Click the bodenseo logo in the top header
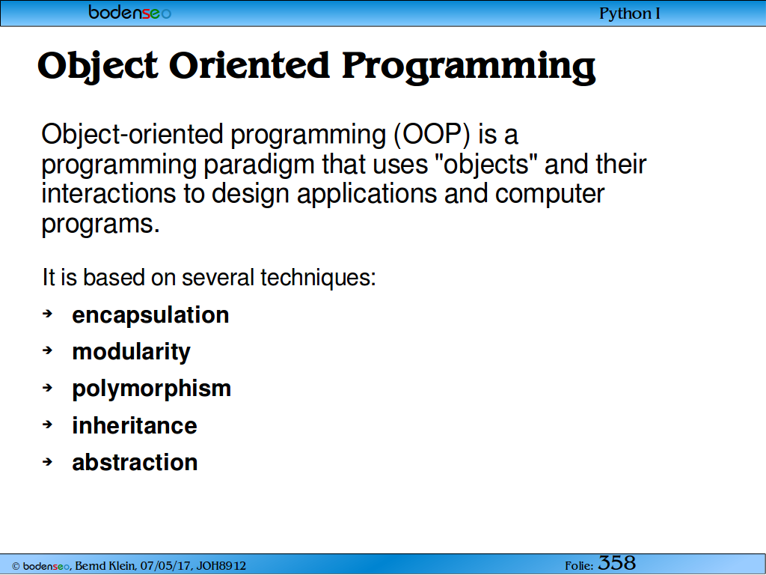click(x=130, y=12)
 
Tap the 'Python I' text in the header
click(x=630, y=13)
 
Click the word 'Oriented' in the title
click(x=249, y=66)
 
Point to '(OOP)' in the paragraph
click(x=432, y=135)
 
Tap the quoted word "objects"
click(x=486, y=164)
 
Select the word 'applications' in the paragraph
click(x=367, y=195)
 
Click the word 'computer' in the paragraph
click(x=550, y=194)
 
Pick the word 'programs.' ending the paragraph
click(x=101, y=225)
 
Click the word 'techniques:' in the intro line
click(x=318, y=278)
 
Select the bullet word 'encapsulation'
click(x=150, y=315)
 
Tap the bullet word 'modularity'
click(x=132, y=352)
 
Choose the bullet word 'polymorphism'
click(x=151, y=389)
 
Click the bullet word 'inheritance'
click(x=135, y=425)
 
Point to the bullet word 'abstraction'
click(x=135, y=463)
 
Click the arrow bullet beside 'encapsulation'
click(x=47, y=314)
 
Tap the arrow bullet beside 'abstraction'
click(x=47, y=461)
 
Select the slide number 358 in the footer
click(x=617, y=563)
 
